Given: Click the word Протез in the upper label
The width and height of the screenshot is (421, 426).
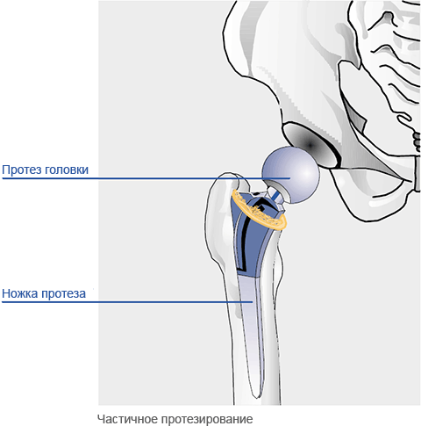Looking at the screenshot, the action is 21,170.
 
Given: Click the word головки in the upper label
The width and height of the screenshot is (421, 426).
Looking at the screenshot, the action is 67,170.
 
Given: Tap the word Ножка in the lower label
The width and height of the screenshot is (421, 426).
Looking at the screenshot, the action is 20,293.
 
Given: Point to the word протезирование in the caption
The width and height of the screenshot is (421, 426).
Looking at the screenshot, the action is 206,420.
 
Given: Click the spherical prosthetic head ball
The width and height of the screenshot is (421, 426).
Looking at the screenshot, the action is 290,175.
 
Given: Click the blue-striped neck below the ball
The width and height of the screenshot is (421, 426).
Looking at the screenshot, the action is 275,196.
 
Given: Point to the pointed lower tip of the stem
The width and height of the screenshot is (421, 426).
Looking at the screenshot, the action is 256,397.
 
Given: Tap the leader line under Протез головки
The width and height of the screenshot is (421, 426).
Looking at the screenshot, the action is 146,178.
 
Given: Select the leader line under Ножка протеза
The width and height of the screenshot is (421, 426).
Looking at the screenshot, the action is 127,301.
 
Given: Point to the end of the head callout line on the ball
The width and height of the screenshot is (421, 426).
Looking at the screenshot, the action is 289,178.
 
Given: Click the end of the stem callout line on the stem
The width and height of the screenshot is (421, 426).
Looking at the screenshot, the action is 253,301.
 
